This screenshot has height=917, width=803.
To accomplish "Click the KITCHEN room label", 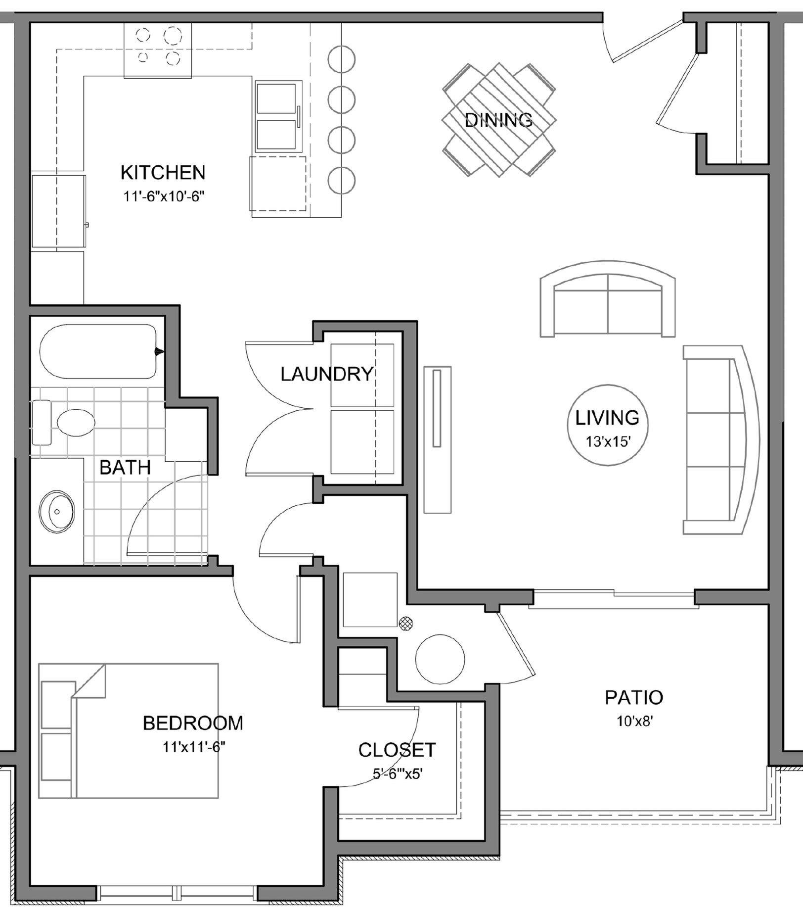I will point(163,173).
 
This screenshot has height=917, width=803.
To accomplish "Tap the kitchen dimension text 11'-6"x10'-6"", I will point(164,196).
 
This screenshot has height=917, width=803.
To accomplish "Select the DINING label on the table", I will point(498,120).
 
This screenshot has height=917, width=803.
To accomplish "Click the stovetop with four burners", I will point(157,49).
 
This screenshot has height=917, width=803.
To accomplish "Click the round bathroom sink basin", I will point(57,511).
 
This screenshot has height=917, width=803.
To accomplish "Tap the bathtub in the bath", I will point(99,351).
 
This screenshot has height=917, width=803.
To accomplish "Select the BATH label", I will point(125,468).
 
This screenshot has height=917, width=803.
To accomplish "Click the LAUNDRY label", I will point(326,374).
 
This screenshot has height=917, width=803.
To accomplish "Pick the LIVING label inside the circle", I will point(607,418).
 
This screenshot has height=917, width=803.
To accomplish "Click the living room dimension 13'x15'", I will point(607,441).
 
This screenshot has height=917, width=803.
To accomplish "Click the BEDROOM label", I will point(193,723).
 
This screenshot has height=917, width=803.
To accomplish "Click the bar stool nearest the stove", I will point(342,59).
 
